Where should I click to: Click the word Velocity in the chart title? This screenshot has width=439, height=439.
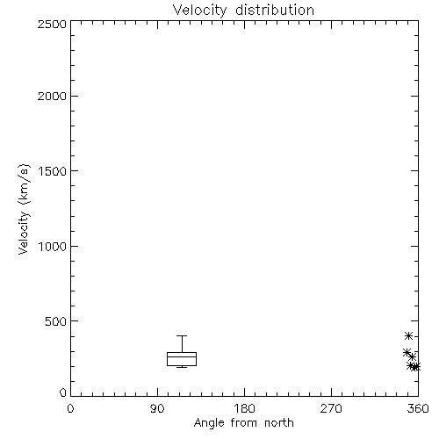(199, 11)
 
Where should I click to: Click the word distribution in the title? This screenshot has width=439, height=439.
(275, 10)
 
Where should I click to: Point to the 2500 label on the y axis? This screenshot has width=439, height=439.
(52, 24)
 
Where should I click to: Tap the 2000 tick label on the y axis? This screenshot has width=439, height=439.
(52, 96)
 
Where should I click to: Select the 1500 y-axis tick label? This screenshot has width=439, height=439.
(53, 171)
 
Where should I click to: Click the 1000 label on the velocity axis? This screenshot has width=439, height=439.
(53, 247)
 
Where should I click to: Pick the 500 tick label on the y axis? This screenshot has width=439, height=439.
(56, 321)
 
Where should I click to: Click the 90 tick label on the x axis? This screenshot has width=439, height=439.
(157, 408)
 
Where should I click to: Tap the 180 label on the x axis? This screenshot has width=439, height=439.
(244, 408)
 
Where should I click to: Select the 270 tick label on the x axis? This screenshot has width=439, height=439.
(331, 408)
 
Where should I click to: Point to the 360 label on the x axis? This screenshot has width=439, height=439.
(418, 408)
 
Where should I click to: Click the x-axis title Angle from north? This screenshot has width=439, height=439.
(244, 423)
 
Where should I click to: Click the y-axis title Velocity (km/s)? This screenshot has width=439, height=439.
(24, 209)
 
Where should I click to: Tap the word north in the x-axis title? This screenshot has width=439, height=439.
(279, 422)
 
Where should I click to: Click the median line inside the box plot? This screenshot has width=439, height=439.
(182, 356)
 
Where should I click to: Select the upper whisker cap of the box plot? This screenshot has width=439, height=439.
(182, 335)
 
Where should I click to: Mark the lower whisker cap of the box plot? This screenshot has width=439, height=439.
(182, 367)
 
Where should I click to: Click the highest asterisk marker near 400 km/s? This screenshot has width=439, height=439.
(409, 335)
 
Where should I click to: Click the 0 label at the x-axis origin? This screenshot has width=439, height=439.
(70, 408)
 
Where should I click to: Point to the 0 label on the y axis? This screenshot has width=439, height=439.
(63, 392)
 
